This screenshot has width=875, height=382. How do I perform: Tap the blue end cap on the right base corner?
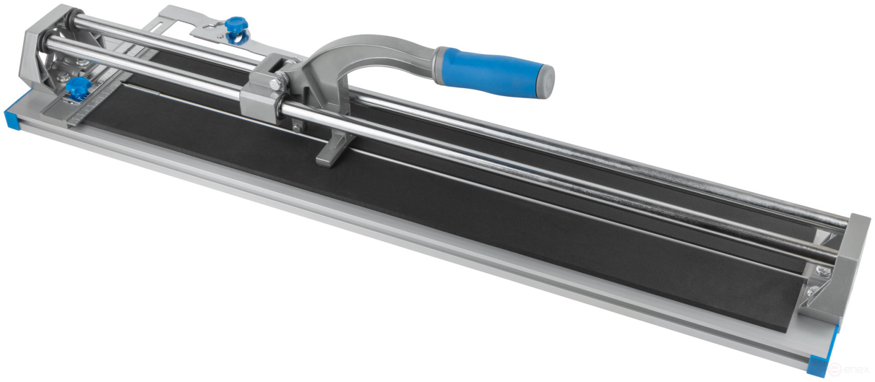coord(820,364)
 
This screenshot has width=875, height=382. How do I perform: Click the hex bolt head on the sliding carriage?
coord(274,84)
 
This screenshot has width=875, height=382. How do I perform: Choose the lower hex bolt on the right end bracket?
coord(812,291)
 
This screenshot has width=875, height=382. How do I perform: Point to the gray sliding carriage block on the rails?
coord(263,92)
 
